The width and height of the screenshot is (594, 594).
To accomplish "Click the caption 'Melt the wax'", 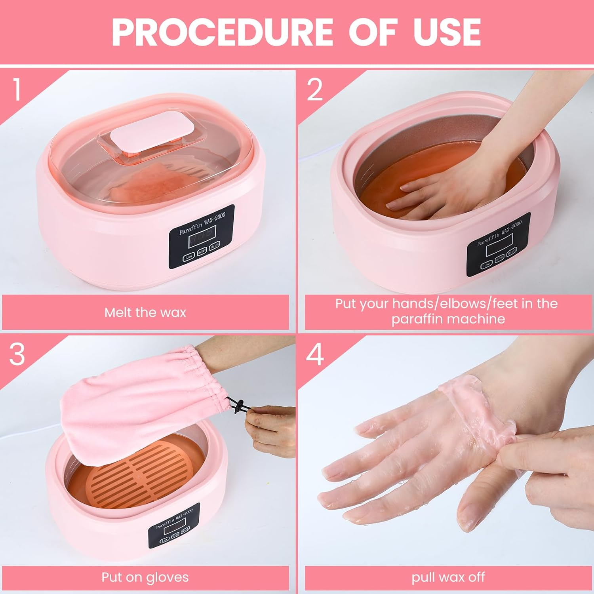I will coord(145,312).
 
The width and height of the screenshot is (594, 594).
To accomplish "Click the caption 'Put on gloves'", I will coord(145,577).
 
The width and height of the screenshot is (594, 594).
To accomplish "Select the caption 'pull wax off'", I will coord(448,577).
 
